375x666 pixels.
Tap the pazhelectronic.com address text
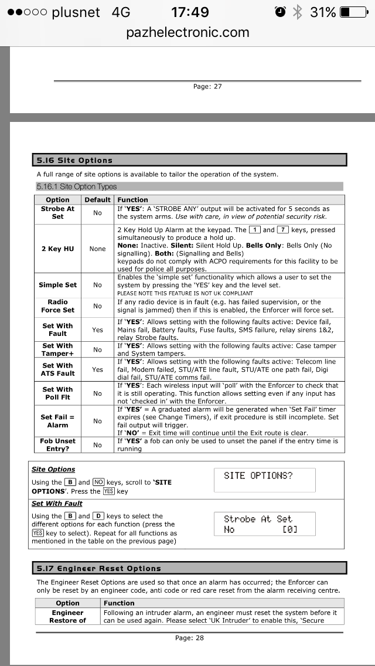click(187, 32)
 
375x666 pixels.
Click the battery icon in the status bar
click(354, 12)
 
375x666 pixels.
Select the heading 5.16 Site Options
click(74, 160)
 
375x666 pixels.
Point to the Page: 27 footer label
click(207, 86)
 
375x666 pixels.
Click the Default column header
click(97, 200)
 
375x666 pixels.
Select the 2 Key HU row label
click(57, 249)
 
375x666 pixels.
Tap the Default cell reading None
click(97, 249)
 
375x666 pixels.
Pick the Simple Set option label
click(57, 285)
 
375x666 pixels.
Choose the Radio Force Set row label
click(57, 306)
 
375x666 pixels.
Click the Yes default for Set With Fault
click(97, 330)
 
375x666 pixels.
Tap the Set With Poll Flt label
click(57, 393)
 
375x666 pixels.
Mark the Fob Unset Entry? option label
click(57, 444)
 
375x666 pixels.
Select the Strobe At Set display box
click(265, 524)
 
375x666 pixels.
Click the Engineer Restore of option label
click(67, 616)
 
